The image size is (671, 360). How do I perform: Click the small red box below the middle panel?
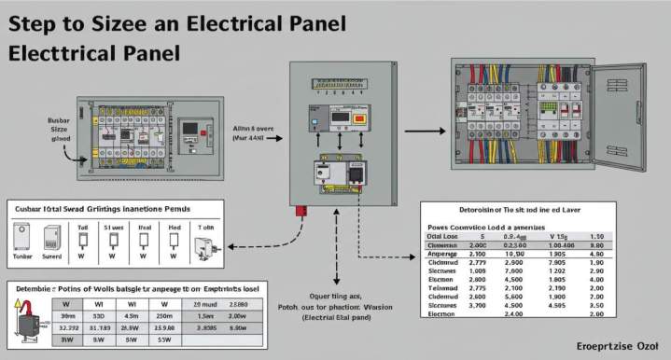301,211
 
